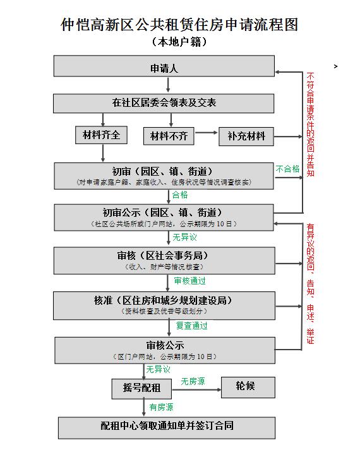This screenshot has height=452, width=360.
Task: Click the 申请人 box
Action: [x=164, y=66]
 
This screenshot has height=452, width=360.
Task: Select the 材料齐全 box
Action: [x=101, y=135]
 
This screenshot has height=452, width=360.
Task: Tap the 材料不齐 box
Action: [x=169, y=136]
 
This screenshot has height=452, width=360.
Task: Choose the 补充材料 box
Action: [x=246, y=137]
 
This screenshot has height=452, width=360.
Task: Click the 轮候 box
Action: [x=248, y=388]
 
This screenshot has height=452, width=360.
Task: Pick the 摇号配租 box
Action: [x=141, y=389]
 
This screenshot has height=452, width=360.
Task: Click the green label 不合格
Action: [x=287, y=169]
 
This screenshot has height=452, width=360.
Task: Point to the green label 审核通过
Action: [x=190, y=281]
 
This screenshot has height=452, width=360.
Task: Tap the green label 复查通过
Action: [x=192, y=326]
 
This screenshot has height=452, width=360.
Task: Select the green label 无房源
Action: [x=193, y=381]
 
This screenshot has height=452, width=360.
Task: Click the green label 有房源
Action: [x=161, y=407]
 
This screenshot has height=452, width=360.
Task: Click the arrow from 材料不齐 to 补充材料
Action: [x=206, y=133]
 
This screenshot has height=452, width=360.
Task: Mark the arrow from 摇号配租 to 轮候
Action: [x=196, y=390]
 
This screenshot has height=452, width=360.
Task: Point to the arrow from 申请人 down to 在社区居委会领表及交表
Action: [x=168, y=85]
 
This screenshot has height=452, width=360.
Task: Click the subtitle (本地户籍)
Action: [x=179, y=42]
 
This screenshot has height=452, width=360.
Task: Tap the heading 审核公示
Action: [x=165, y=345]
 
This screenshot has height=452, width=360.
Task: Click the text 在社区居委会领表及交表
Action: [x=164, y=102]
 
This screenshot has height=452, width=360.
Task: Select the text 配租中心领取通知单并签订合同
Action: [x=167, y=425]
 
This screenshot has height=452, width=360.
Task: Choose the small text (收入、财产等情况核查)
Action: [x=164, y=267]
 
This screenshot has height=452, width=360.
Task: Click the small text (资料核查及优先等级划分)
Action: [x=164, y=311]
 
